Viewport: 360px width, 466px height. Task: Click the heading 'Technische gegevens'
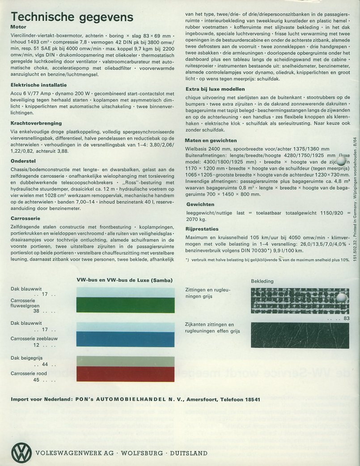72,17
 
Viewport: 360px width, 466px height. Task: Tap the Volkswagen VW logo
21,451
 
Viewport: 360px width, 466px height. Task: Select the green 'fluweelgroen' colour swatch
126,305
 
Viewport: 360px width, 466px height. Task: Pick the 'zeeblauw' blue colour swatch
126,340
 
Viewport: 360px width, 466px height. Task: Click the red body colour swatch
126,374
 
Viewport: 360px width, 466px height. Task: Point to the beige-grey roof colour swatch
126,361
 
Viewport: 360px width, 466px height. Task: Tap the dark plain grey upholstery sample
300,335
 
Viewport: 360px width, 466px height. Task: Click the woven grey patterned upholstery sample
300,301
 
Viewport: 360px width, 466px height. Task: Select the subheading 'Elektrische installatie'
38,84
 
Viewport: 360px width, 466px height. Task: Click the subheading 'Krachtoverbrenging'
36,123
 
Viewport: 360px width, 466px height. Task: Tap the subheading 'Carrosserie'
26,218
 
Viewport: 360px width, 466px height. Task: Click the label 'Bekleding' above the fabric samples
262,281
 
